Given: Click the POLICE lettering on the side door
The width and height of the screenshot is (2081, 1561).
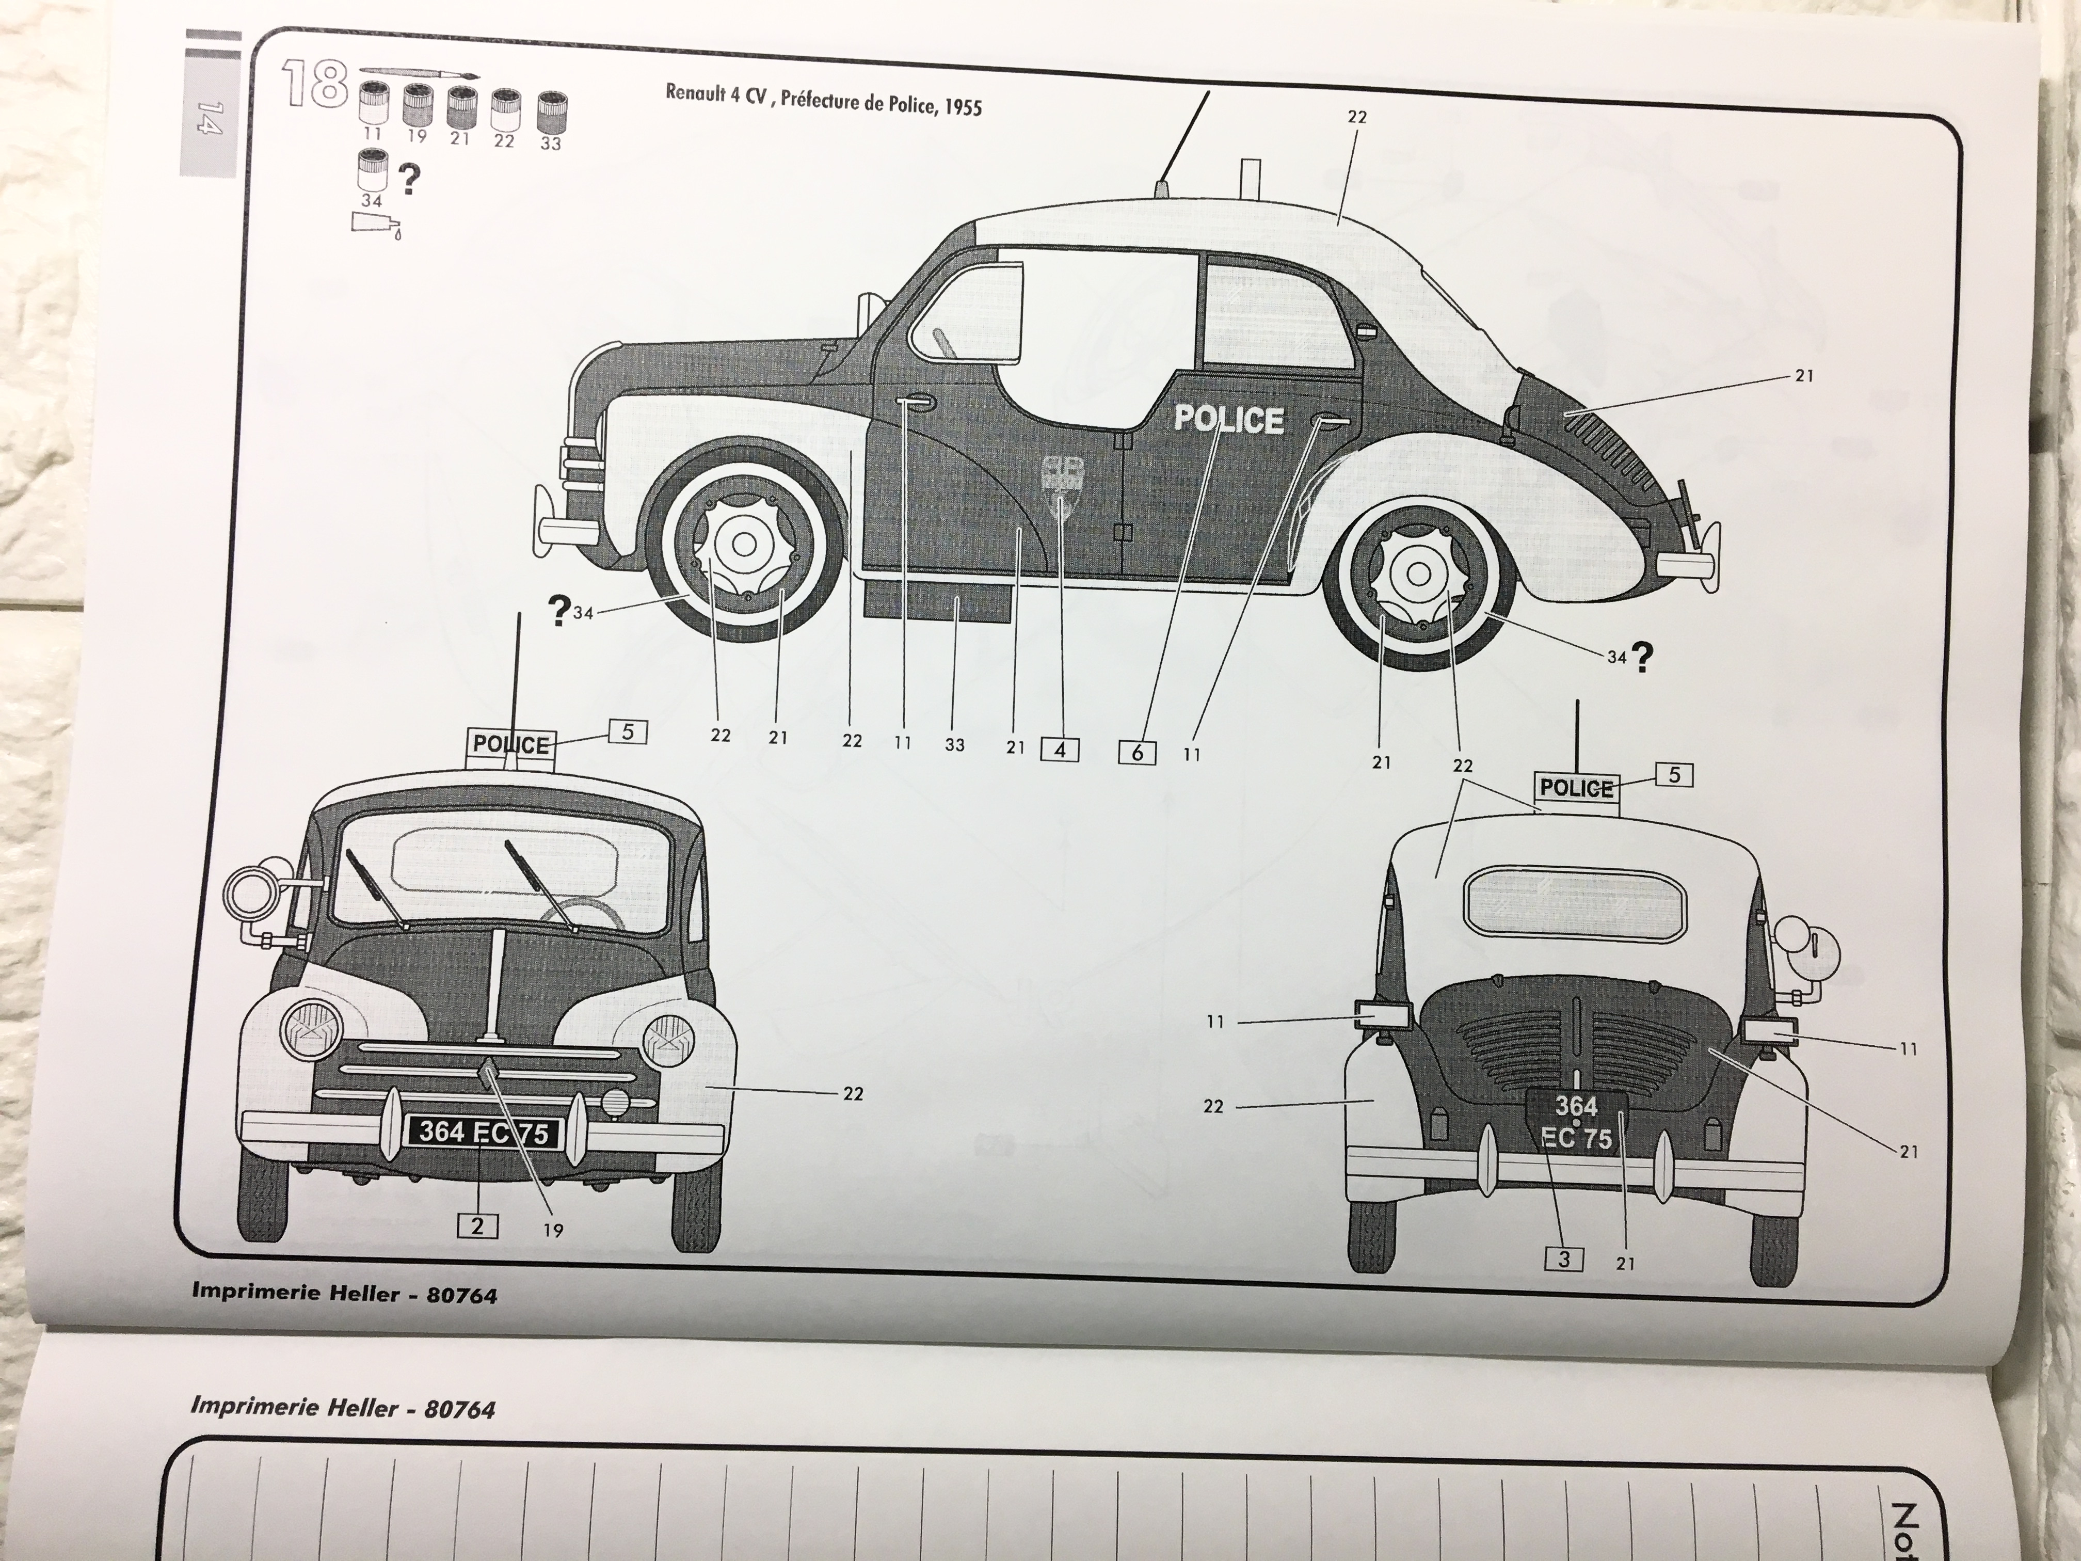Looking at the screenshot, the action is tap(1229, 419).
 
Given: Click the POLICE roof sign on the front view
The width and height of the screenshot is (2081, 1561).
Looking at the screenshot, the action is tap(511, 744).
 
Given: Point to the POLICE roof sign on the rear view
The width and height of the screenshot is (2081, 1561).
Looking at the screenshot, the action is tap(1577, 788).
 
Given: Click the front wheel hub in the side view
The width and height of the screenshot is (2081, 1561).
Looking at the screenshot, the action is tap(743, 544).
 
